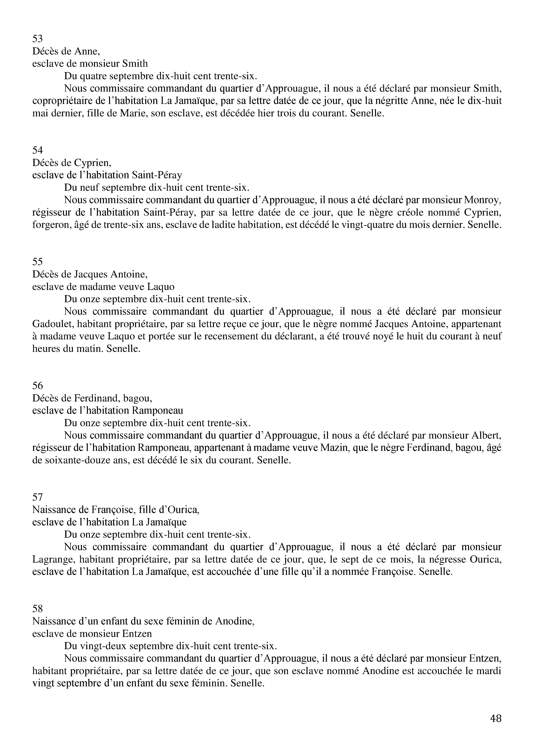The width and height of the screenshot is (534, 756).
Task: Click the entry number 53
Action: [37, 39]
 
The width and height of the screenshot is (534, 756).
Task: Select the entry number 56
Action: [37, 386]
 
